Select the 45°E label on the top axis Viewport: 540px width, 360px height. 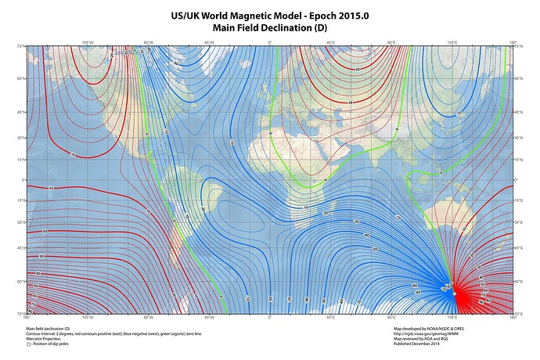[330, 42]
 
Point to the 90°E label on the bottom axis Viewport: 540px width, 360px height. [391, 318]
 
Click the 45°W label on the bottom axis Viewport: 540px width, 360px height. [209, 318]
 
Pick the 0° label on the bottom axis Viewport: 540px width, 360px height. [270, 318]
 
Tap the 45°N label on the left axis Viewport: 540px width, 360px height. [22, 111]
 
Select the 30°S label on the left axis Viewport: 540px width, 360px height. [22, 223]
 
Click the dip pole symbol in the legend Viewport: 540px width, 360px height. [28, 343]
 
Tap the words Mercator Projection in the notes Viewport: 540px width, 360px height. [45, 338]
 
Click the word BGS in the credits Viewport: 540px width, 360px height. [455, 338]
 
